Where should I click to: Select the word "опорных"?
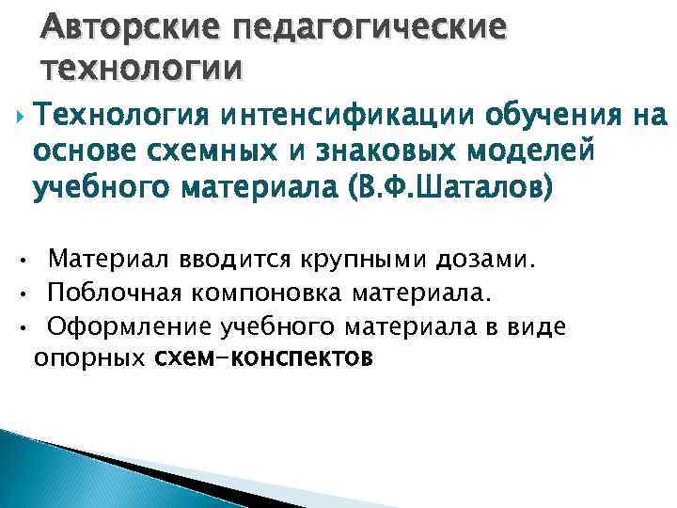pyautogui.click(x=88, y=358)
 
